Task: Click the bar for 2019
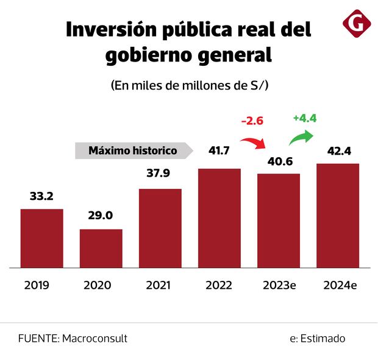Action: [x=41, y=238]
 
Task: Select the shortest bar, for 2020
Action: [x=101, y=249]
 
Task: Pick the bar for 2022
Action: [x=219, y=218]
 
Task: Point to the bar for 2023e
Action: [x=279, y=221]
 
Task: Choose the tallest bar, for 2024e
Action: [x=338, y=216]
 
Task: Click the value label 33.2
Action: [x=41, y=196]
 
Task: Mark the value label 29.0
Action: [x=101, y=216]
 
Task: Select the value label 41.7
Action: [x=219, y=150]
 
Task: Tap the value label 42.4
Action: [x=338, y=150]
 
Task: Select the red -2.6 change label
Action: [x=252, y=121]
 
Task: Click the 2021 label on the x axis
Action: [x=160, y=285]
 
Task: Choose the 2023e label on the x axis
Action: [x=279, y=285]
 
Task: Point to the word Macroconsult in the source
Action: [x=95, y=338]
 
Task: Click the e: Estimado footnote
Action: [x=318, y=338]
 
